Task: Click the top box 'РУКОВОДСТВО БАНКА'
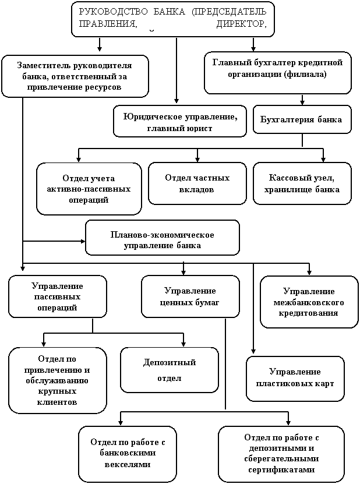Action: (x=172, y=19)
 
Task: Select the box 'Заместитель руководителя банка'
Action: (x=75, y=76)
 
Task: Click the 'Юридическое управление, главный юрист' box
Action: (x=180, y=121)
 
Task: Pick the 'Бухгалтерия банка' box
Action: (x=302, y=119)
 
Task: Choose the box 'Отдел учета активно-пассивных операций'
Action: (x=89, y=189)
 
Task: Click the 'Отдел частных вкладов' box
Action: (x=197, y=183)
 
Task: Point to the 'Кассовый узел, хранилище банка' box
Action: (x=302, y=183)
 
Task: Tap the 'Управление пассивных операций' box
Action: (x=57, y=296)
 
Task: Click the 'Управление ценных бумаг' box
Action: (x=190, y=296)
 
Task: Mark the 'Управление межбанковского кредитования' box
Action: (x=309, y=302)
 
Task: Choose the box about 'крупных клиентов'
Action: (x=57, y=380)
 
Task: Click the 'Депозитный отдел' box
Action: (x=169, y=370)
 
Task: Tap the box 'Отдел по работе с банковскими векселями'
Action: (x=127, y=453)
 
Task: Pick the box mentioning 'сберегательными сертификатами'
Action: (x=281, y=453)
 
